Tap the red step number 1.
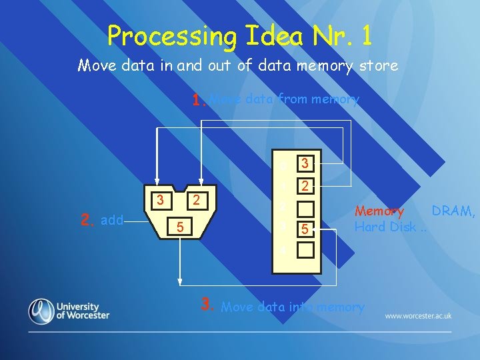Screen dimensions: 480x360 tap(197, 101)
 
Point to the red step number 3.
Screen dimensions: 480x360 tap(207, 306)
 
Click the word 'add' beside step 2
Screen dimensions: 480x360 tap(112, 220)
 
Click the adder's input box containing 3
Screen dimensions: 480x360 tap(159, 199)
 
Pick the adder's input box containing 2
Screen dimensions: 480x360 tap(196, 199)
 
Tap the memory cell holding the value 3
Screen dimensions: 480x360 tap(305, 163)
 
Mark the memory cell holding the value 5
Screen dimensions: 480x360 tap(305, 230)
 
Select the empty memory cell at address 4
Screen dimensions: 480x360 tap(305, 251)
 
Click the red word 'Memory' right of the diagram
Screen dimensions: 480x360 tap(379, 212)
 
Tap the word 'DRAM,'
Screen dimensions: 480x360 tap(454, 211)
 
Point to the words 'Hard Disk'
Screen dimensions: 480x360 tap(386, 227)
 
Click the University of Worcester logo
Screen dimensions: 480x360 tap(69, 311)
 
